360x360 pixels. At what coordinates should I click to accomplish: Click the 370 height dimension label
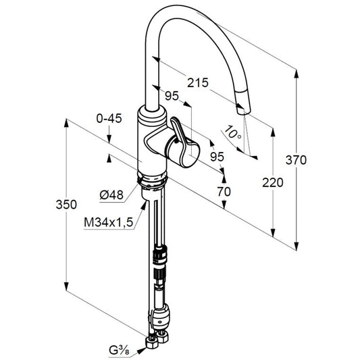click(296, 160)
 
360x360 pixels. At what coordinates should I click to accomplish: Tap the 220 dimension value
click(273, 183)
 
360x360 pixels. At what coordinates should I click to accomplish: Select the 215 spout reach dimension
click(198, 82)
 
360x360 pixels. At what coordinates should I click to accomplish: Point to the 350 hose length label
click(66, 205)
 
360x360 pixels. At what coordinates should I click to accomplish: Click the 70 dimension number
click(224, 191)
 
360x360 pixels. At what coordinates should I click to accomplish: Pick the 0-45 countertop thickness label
click(109, 118)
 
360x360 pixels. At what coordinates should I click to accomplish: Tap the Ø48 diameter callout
click(111, 195)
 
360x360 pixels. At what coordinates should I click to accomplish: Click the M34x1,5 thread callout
click(108, 222)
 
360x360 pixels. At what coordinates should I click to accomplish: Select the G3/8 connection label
click(119, 351)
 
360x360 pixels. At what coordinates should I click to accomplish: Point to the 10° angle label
click(232, 132)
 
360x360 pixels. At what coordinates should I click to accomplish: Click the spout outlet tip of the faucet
click(243, 111)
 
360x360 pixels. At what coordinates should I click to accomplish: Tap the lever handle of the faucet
click(184, 142)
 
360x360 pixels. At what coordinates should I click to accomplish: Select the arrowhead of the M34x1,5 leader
click(144, 206)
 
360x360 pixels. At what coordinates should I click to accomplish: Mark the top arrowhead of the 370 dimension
click(297, 74)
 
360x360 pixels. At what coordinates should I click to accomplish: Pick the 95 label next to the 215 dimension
click(172, 96)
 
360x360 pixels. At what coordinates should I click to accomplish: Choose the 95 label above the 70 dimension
click(217, 157)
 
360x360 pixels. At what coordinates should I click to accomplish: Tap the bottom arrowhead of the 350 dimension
click(66, 286)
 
